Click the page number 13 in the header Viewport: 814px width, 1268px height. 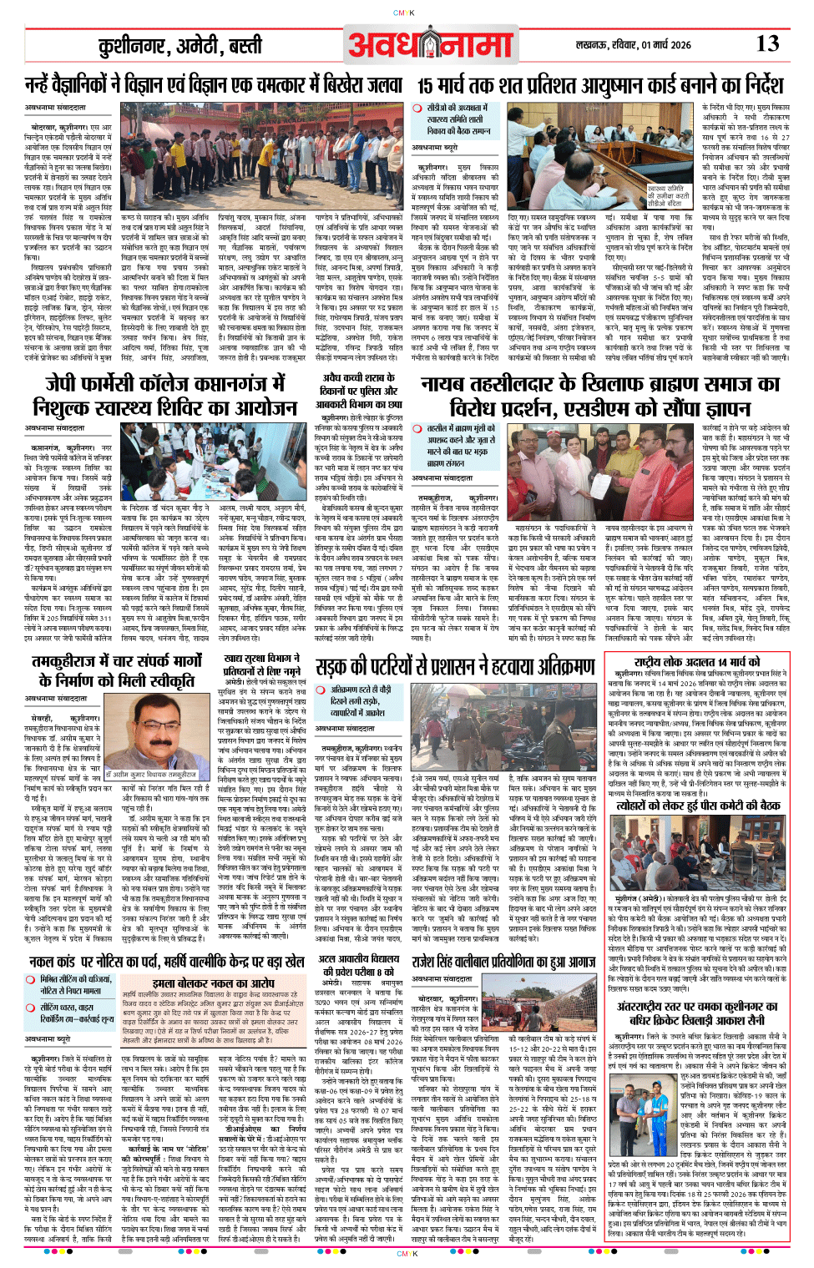pyautogui.click(x=767, y=43)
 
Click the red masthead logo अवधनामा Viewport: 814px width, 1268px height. pyautogui.click(x=430, y=45)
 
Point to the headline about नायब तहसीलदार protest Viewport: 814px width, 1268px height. pyautogui.click(x=599, y=395)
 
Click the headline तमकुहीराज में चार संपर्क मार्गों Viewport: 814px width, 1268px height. pyautogui.click(x=117, y=670)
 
